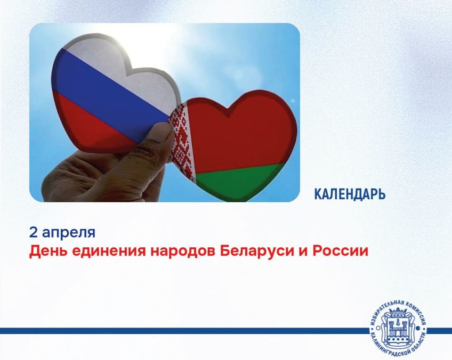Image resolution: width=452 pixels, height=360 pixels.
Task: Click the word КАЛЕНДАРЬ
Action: (x=350, y=194)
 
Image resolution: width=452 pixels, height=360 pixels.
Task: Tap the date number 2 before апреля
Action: (x=33, y=232)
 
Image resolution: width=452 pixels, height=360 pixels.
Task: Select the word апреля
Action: (x=69, y=233)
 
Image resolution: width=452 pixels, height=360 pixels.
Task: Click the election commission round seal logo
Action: (x=398, y=330)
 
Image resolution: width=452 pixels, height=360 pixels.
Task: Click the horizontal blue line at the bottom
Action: (x=185, y=331)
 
